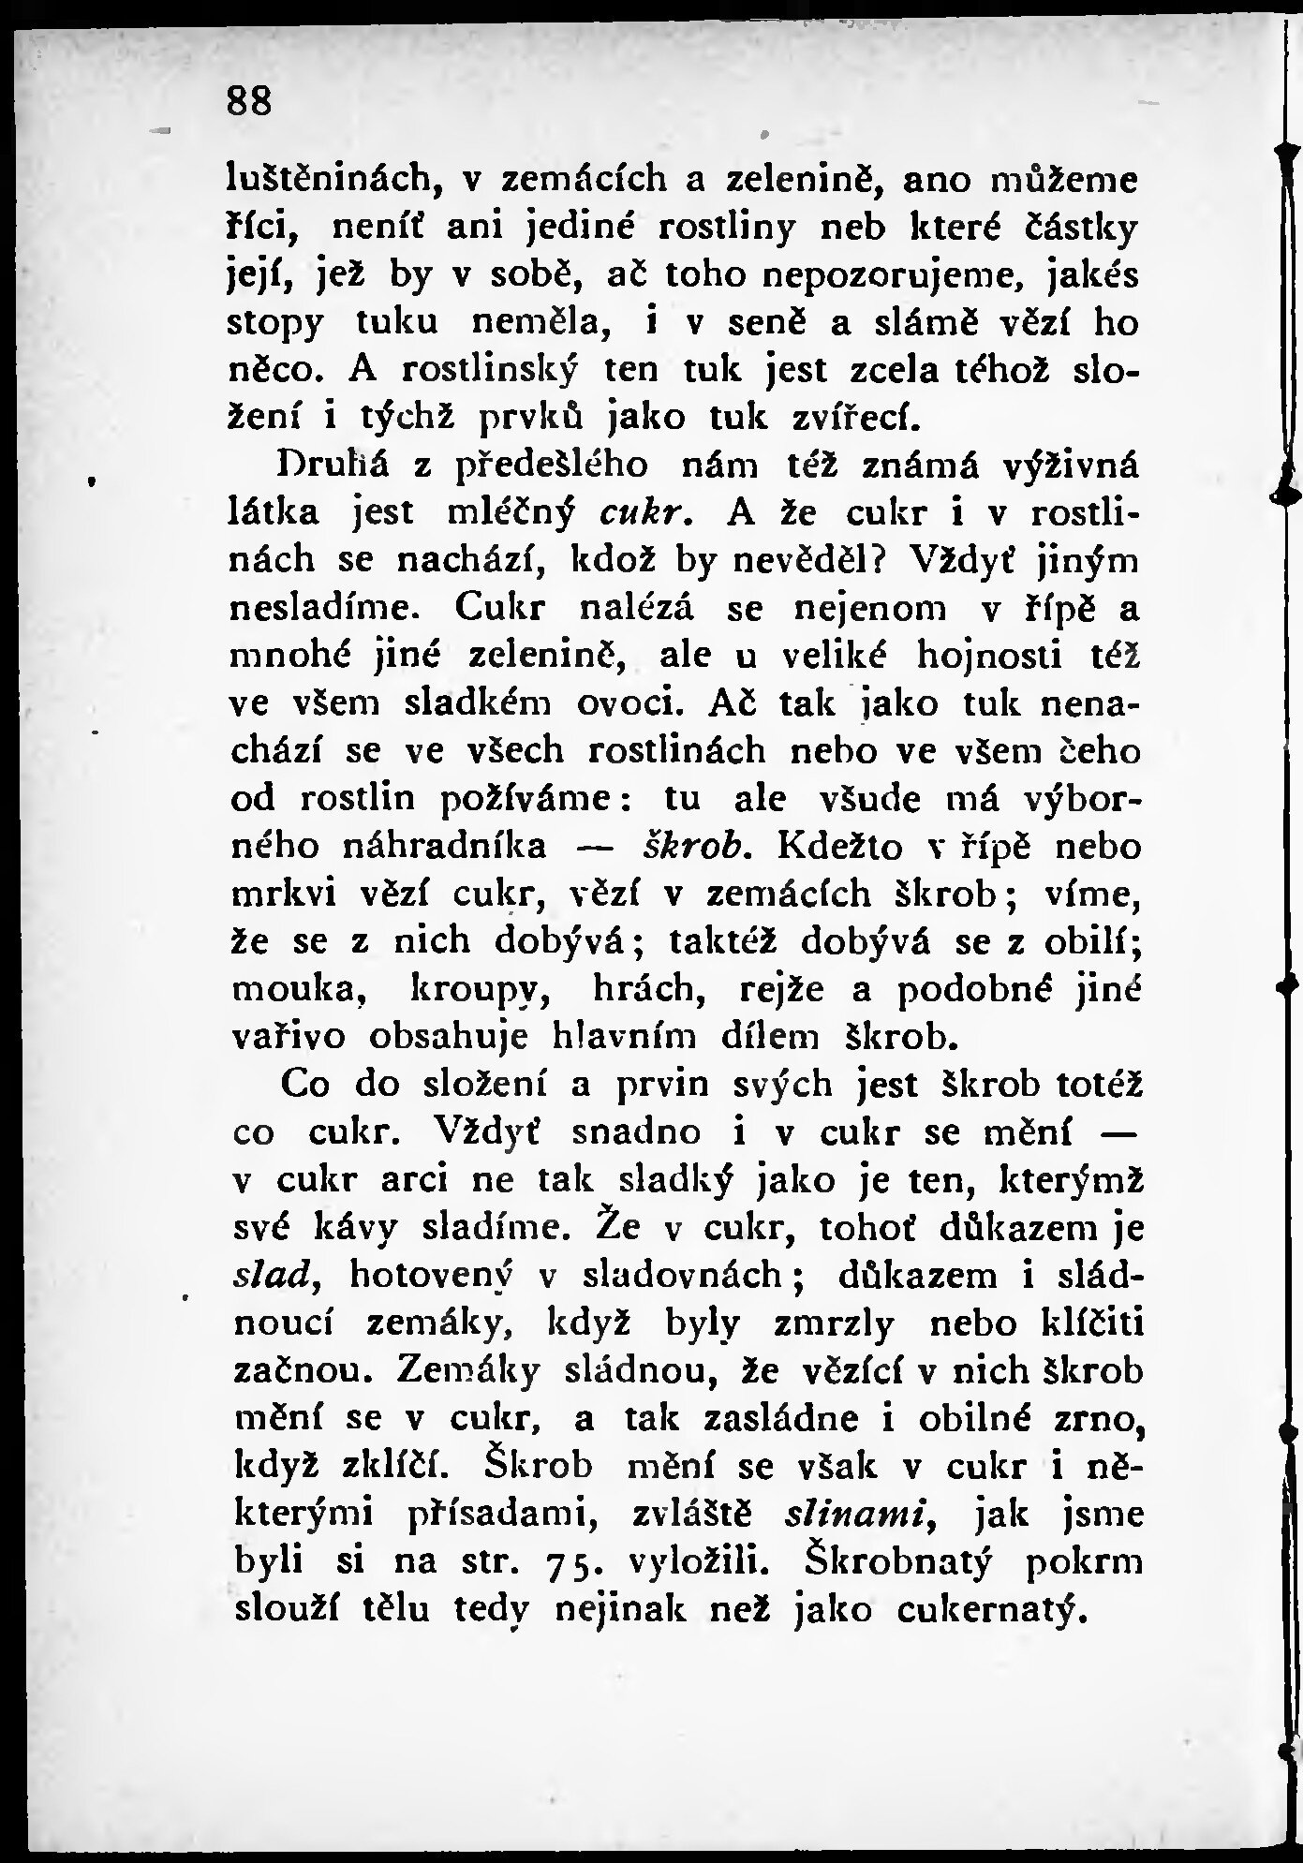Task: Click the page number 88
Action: pyautogui.click(x=249, y=101)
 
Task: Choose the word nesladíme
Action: pyautogui.click(x=331, y=609)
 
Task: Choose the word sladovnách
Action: pyautogui.click(x=682, y=1275)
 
